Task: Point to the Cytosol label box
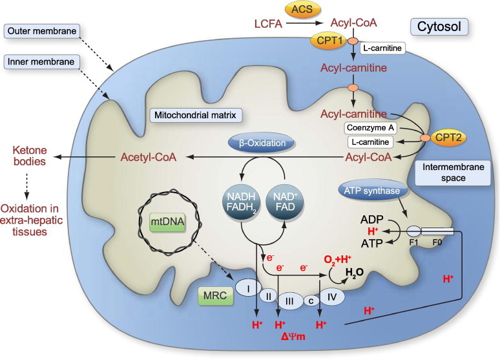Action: pyautogui.click(x=439, y=26)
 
